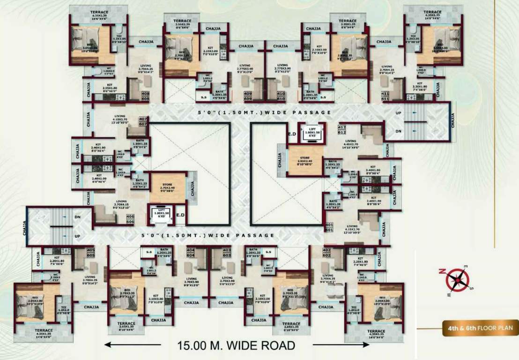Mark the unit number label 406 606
[x=130, y=219]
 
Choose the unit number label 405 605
[x=90, y=252]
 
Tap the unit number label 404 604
[x=191, y=252]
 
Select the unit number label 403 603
[x=227, y=252]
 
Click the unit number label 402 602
[x=326, y=252]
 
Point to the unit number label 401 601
[x=328, y=227]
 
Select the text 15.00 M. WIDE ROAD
[x=236, y=346]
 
